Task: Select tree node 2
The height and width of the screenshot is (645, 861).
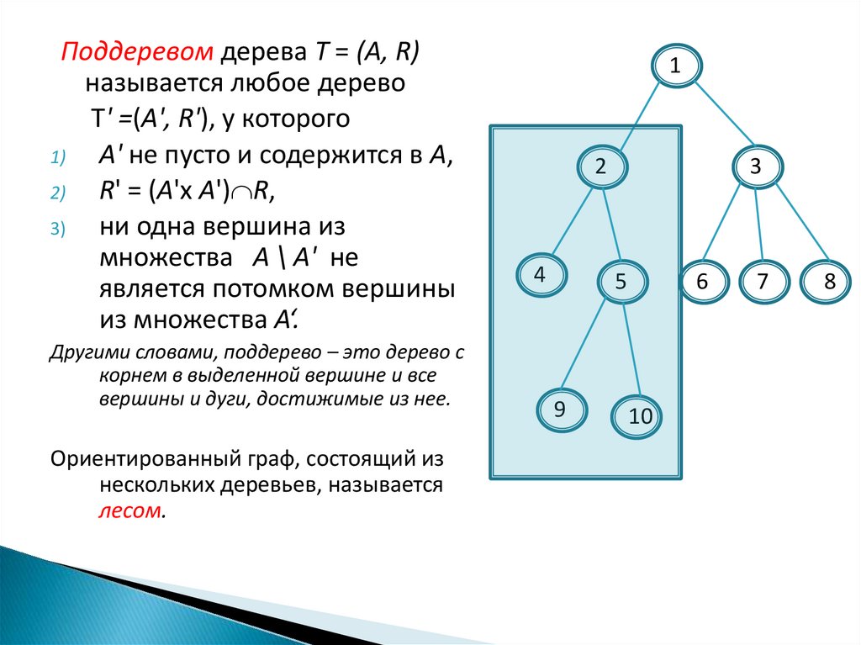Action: tap(600, 167)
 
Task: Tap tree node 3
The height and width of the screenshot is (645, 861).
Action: tap(755, 167)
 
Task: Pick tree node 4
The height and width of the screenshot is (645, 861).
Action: tap(540, 275)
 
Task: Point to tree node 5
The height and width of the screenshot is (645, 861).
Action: tap(621, 282)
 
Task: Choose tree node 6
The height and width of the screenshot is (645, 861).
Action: tap(702, 282)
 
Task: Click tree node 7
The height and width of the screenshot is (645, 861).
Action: tap(763, 282)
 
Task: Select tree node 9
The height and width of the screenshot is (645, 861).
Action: tap(560, 410)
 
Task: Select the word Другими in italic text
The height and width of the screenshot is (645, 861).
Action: tap(81, 350)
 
